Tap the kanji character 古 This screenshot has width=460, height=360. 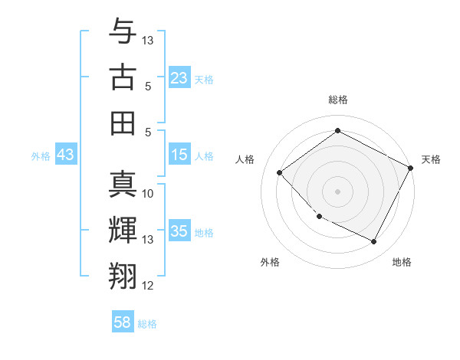[123, 78]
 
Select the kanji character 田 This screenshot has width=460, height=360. [123, 123]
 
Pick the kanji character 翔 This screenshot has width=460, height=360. [123, 276]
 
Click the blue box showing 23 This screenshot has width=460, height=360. [179, 77]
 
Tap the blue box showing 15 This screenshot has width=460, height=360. [179, 155]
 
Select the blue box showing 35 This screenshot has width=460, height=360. [179, 231]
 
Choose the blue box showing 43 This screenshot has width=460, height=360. [66, 155]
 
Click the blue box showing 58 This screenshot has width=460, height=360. [123, 322]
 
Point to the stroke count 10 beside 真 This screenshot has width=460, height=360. [149, 194]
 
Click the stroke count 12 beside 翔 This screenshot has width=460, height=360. [149, 286]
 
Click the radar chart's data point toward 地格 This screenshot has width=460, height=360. [374, 242]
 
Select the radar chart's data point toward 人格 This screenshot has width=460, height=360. [280, 173]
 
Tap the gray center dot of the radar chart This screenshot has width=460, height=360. [337, 191]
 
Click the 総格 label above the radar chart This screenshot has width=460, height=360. [338, 100]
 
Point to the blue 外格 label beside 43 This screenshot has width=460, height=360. [41, 155]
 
